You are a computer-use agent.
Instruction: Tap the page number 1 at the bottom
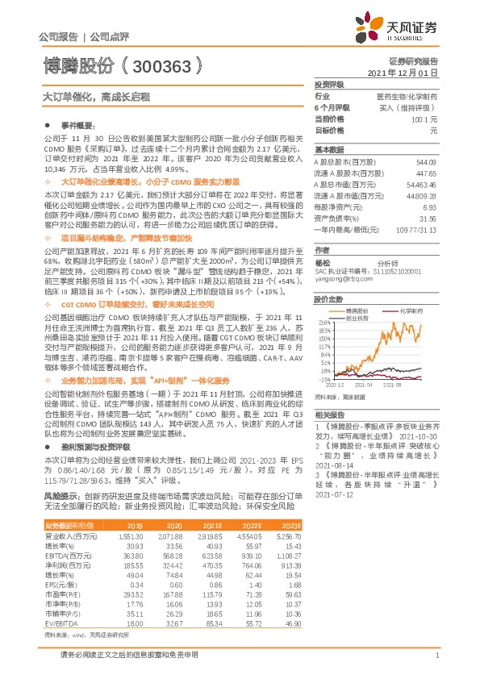(x=436, y=664)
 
